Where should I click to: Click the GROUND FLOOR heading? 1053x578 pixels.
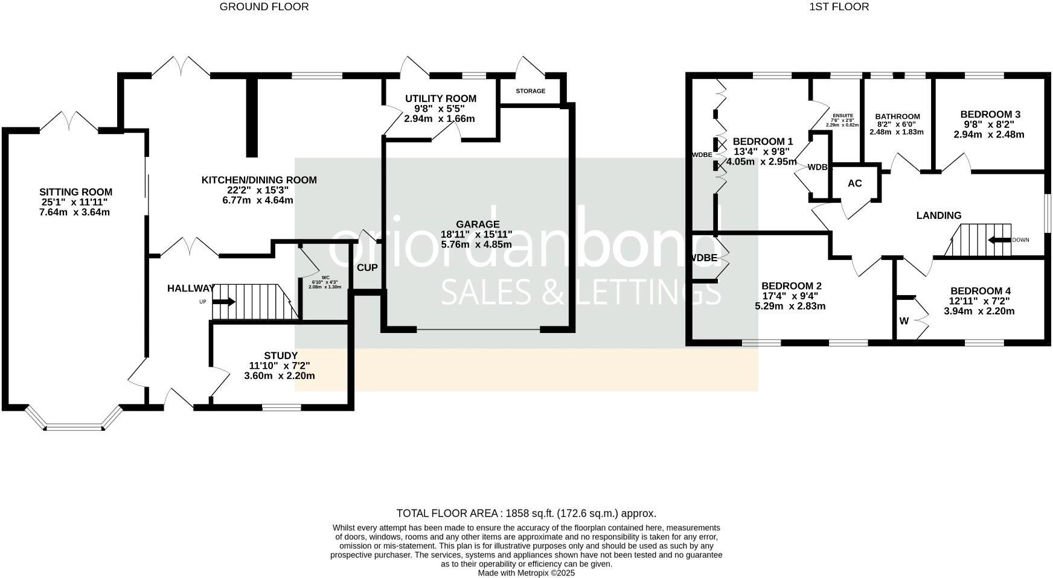[x=264, y=7]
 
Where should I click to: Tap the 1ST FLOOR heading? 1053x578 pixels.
[x=839, y=7]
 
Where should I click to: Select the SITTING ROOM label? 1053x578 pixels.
[x=75, y=192]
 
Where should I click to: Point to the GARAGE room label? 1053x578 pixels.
[x=478, y=224]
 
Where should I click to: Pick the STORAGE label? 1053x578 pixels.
[x=530, y=91]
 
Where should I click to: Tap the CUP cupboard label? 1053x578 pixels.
[x=367, y=267]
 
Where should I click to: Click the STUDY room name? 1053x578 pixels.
[x=281, y=355]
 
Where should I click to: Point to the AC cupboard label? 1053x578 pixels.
[x=854, y=183]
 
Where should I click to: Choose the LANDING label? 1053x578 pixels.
[x=938, y=215]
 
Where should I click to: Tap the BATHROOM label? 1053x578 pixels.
[x=897, y=117]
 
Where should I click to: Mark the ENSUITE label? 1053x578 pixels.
[x=842, y=115]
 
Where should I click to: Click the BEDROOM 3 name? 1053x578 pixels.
[x=990, y=114]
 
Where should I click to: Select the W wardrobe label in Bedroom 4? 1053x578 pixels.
[x=904, y=321]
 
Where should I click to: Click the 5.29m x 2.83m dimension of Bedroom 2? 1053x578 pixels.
[x=790, y=306]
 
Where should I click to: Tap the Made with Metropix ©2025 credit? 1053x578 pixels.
[x=526, y=573]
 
